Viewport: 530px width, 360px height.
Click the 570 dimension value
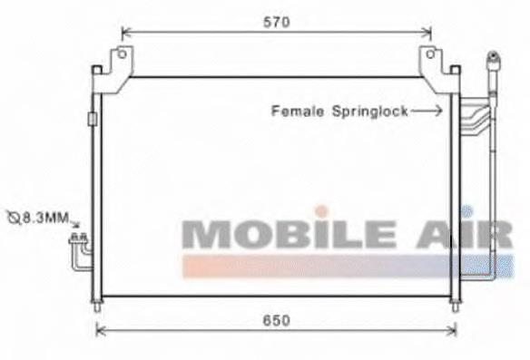pos(277,23)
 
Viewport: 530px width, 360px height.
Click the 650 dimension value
pos(277,320)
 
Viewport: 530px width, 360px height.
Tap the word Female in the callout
pos(298,112)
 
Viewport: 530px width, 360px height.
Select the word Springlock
pos(370,112)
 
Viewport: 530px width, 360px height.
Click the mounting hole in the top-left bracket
pos(122,54)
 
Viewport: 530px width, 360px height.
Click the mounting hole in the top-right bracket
pos(430,54)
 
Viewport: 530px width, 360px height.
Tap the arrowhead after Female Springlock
pos(438,111)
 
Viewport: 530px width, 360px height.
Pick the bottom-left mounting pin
pos(97,306)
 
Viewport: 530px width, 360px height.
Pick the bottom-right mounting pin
pos(456,306)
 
